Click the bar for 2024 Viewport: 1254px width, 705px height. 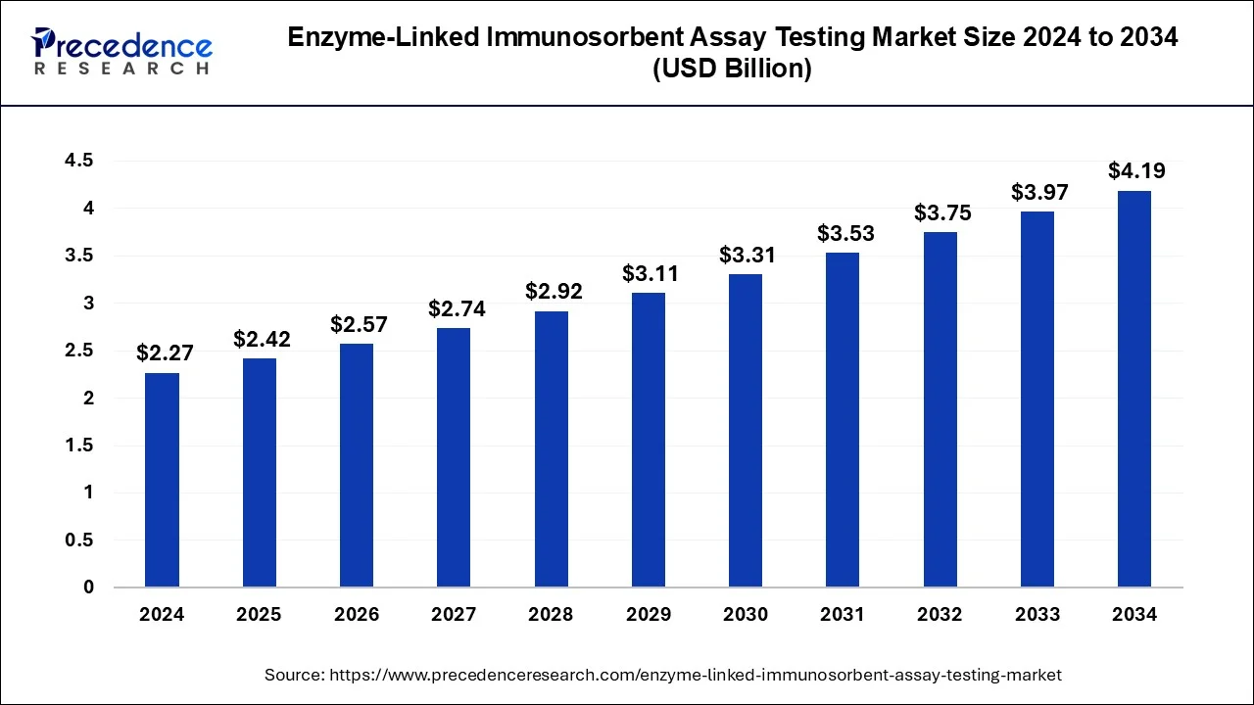(162, 480)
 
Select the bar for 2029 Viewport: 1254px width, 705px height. (648, 440)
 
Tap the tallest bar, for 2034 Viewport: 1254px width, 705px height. (1134, 389)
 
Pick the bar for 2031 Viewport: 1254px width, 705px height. (843, 420)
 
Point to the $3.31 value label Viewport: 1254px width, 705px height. (748, 256)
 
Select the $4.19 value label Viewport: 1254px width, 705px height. (1136, 171)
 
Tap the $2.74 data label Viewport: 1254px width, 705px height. (457, 309)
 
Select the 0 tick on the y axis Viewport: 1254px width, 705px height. (88, 587)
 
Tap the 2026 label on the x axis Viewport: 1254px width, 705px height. (356, 615)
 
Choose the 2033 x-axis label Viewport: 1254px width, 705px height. (1037, 615)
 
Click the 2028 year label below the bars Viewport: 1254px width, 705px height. (551, 615)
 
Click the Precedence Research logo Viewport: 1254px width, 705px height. (121, 52)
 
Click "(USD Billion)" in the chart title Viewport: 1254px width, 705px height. (733, 70)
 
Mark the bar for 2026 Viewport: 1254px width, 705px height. (356, 465)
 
